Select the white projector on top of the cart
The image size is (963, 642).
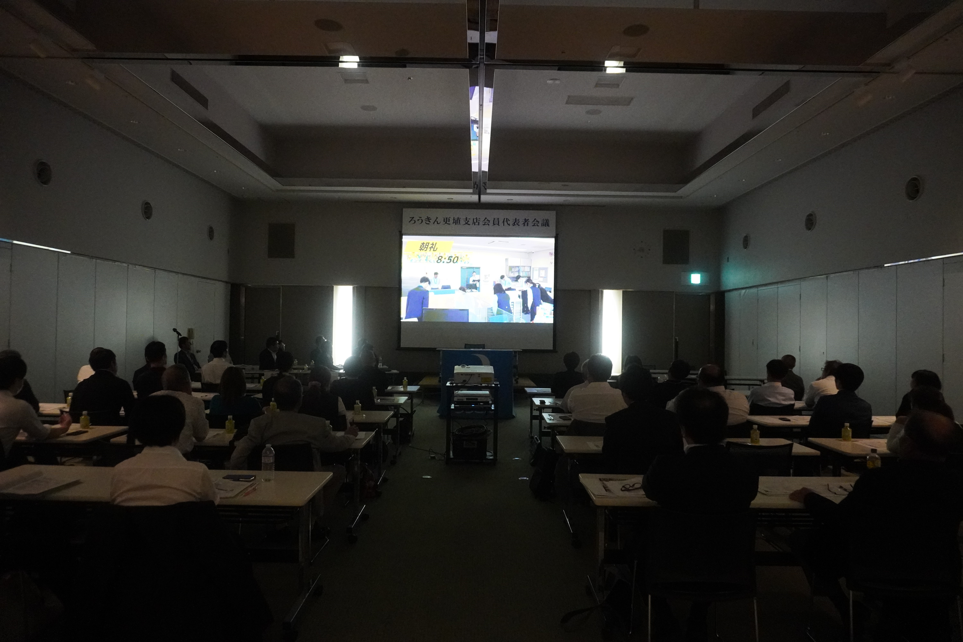coord(473,374)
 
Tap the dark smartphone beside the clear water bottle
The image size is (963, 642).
coord(239,477)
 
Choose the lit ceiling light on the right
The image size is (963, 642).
coord(615,66)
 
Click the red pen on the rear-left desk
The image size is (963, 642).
coord(251,488)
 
